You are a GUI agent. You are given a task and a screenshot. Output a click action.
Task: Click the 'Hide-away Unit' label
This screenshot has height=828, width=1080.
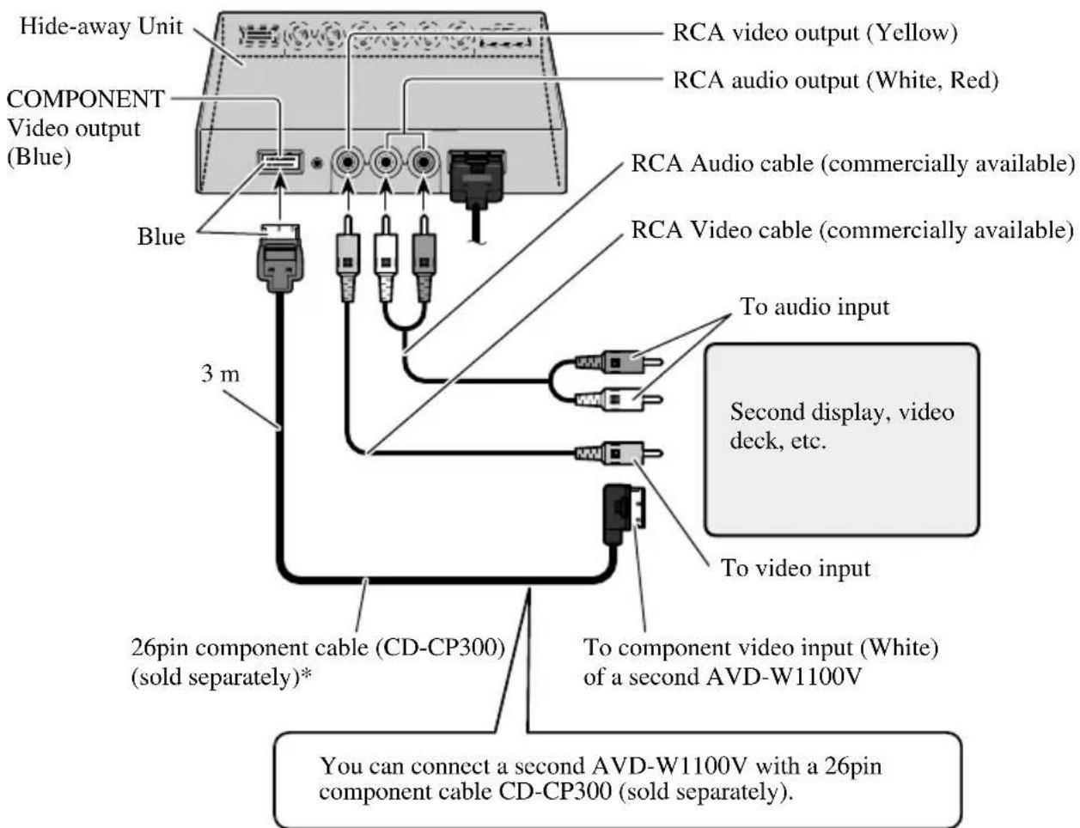point(101,27)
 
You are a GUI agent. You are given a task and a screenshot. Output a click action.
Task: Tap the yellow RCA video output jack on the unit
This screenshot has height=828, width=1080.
point(349,162)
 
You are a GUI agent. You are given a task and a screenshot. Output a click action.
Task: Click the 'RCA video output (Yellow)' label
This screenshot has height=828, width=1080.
point(814,33)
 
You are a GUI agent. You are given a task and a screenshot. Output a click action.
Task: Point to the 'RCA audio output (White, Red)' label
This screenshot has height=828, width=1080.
point(834,80)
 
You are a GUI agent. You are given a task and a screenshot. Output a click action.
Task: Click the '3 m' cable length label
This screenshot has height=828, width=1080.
point(220,374)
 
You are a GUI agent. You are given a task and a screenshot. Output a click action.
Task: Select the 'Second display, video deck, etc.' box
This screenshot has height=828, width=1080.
point(841,439)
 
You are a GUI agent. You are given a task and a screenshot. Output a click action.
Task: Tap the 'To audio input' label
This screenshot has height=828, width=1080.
point(815,307)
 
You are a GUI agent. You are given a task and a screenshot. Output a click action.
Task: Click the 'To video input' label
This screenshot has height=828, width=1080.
point(795,568)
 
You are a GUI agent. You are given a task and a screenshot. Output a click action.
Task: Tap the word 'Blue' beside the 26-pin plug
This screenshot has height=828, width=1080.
point(161,236)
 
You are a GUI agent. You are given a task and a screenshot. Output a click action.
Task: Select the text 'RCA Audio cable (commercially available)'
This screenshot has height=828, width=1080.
point(852,163)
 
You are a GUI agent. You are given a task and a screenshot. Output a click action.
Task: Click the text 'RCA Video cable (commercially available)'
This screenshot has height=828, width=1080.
point(851,230)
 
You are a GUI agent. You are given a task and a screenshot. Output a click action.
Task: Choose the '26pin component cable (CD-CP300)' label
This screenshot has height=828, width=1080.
point(317,647)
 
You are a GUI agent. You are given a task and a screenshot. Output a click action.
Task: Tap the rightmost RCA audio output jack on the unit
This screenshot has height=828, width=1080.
point(422,162)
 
